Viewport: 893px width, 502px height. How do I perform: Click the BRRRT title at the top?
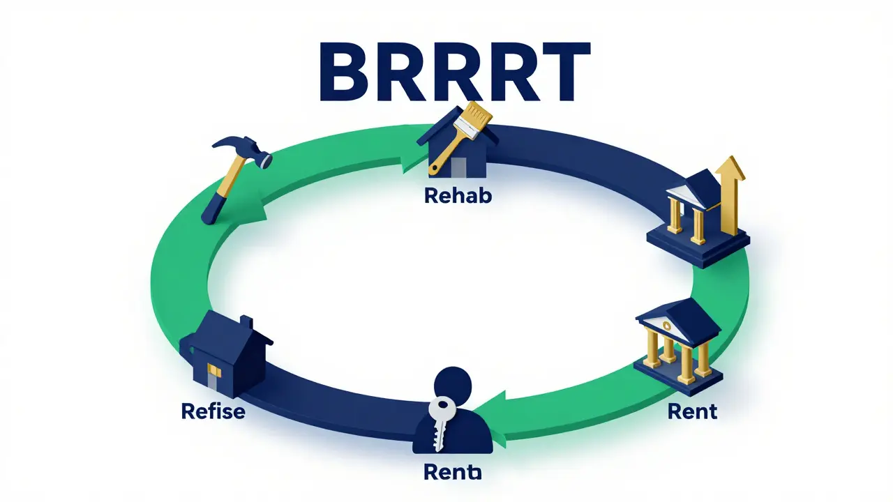click(x=454, y=72)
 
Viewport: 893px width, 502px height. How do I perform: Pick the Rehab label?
click(x=458, y=196)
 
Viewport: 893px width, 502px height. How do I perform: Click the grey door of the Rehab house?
click(x=458, y=167)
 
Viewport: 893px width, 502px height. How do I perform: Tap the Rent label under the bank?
click(x=692, y=411)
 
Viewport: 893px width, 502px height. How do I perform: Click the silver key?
click(x=440, y=418)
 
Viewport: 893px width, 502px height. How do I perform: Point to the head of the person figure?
click(x=453, y=386)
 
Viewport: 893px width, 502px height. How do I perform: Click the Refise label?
click(x=213, y=411)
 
